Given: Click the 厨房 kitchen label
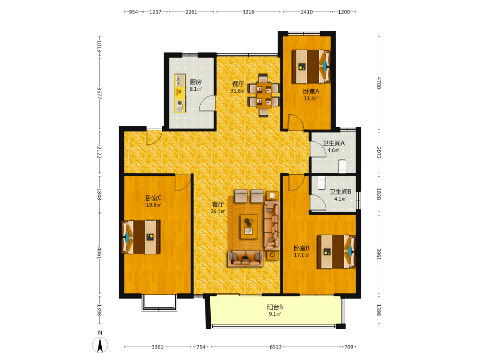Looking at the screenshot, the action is (196, 82).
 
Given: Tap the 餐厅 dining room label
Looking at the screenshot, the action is (238, 84).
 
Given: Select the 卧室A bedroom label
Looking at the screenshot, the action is (311, 92).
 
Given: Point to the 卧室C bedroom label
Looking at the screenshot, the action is (154, 198).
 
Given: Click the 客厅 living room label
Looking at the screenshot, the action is (217, 204).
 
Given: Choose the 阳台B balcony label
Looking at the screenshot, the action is (275, 307).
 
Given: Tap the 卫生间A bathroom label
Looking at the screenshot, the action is (334, 143).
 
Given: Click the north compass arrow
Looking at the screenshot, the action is (100, 345).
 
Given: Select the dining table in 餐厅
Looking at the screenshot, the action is (264, 95).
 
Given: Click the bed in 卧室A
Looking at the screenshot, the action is (311, 66).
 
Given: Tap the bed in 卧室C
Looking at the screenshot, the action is (141, 237).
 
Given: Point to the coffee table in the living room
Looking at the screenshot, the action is (249, 226).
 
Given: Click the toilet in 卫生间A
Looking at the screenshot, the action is (342, 166).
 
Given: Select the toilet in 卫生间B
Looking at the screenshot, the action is (321, 183).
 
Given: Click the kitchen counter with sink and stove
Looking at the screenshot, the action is (180, 93).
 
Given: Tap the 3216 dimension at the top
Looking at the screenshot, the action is (248, 12).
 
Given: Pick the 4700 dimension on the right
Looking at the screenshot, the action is (379, 83).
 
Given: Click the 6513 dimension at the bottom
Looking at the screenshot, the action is (276, 347).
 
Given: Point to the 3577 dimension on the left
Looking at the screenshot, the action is (99, 93).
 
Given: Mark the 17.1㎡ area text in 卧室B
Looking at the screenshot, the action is (301, 255).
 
